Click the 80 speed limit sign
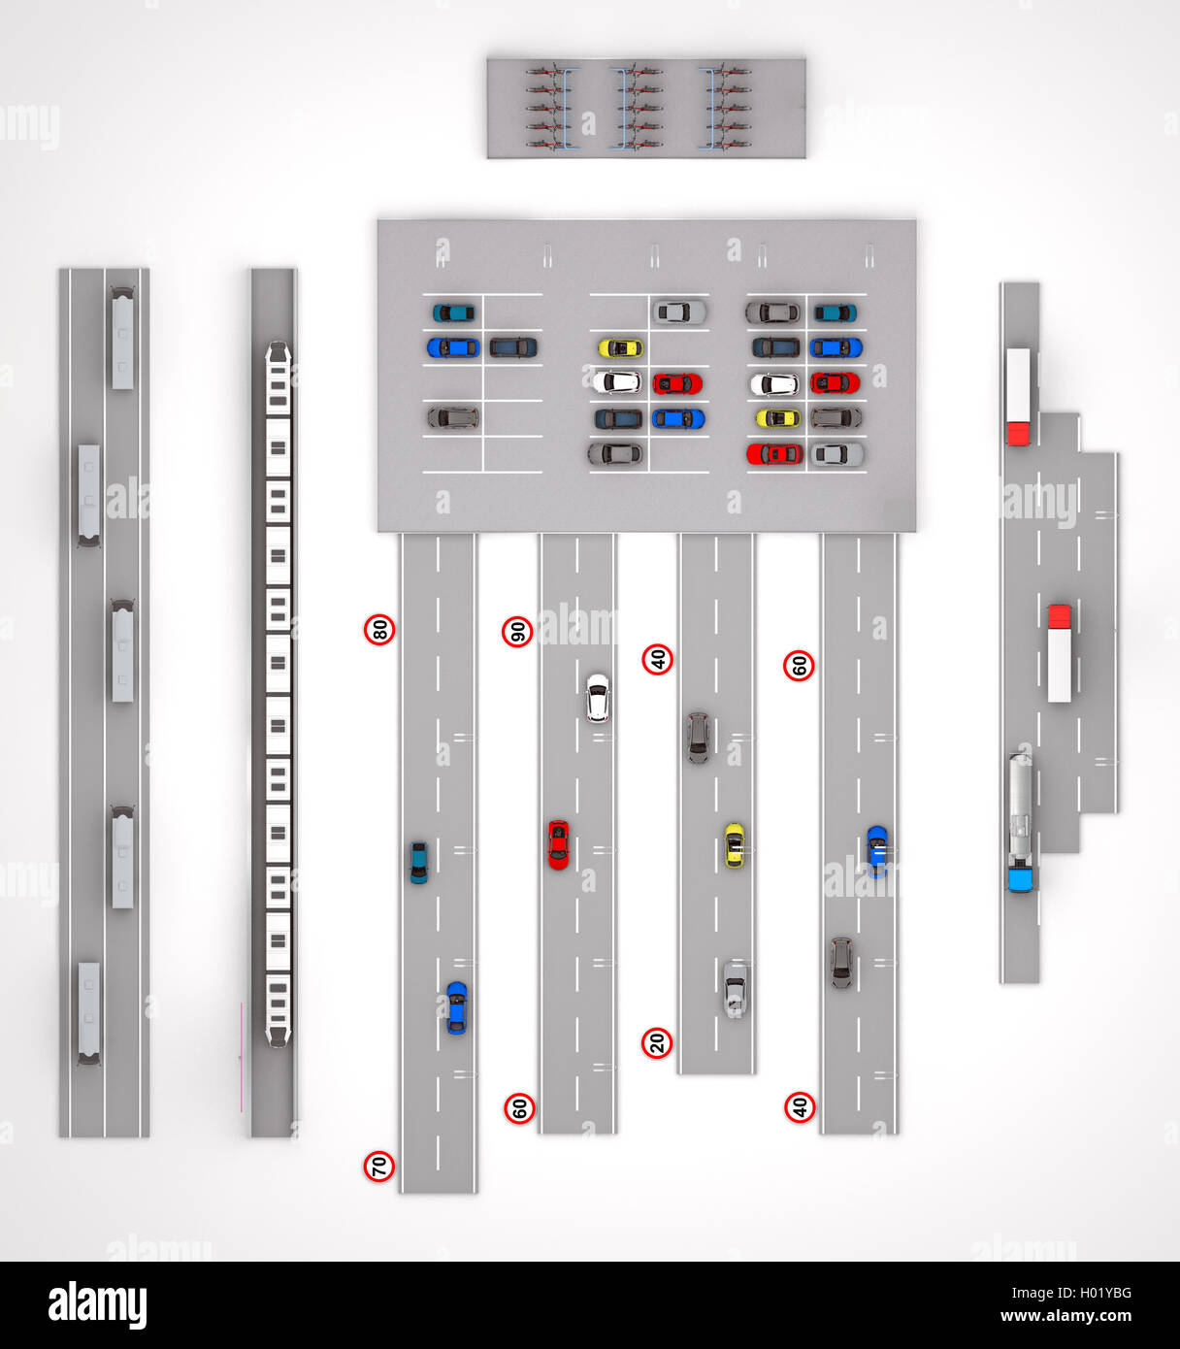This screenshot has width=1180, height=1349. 379,630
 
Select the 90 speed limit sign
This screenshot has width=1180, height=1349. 517,633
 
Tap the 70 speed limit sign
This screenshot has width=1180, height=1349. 379,1167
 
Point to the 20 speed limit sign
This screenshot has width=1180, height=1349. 657,1043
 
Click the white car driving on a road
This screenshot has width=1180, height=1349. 598,698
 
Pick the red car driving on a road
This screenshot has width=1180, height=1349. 558,844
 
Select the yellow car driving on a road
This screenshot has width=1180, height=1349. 735,845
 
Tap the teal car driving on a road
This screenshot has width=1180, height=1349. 418,863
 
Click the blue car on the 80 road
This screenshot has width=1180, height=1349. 456,1007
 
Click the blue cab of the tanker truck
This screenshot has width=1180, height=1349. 1021,879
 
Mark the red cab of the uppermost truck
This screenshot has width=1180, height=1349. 1019,434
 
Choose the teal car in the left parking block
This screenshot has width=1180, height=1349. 453,313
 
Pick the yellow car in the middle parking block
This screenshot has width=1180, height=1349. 620,348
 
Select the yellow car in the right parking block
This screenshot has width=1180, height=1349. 778,418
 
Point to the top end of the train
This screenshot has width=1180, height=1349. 279,343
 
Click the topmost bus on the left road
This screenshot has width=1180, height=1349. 122,339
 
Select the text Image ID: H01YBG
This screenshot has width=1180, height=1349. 1071,1293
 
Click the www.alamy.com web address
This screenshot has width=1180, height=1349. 1065,1315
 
